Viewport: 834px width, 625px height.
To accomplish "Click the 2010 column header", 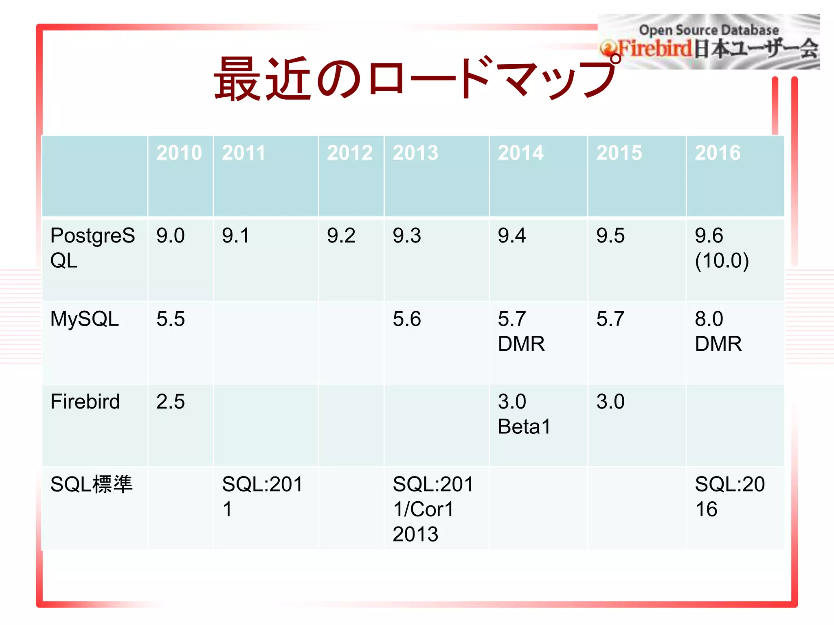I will pyautogui.click(x=179, y=153).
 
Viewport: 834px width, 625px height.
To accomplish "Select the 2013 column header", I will pyautogui.click(x=415, y=153).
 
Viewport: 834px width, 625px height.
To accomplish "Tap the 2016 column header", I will pyautogui.click(x=718, y=153).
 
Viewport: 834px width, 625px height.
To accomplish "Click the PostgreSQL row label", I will pyautogui.click(x=92, y=247).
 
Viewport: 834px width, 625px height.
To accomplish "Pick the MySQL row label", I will pyautogui.click(x=85, y=319).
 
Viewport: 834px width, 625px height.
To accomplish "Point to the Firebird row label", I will pyautogui.click(x=85, y=402).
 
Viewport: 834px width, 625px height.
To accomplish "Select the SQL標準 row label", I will pyautogui.click(x=91, y=484).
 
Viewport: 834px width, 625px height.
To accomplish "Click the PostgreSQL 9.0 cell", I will pyautogui.click(x=171, y=236).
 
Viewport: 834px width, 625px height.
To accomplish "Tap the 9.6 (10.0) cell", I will pyautogui.click(x=722, y=247).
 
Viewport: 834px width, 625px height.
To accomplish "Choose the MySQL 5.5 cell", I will pyautogui.click(x=171, y=319).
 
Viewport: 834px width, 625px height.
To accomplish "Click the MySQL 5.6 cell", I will pyautogui.click(x=407, y=319).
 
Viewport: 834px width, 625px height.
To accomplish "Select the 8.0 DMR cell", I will pyautogui.click(x=718, y=331).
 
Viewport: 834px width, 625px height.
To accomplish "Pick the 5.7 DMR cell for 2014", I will pyautogui.click(x=521, y=331).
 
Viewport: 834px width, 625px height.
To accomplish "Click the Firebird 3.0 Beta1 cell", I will pyautogui.click(x=524, y=414).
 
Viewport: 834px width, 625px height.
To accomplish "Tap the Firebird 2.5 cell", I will pyautogui.click(x=171, y=402).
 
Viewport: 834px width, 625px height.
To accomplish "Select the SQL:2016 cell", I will pyautogui.click(x=729, y=496).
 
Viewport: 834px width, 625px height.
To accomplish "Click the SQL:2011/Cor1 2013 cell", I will pyautogui.click(x=433, y=509).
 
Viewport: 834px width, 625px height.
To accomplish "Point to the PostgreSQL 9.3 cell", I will pyautogui.click(x=407, y=236).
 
